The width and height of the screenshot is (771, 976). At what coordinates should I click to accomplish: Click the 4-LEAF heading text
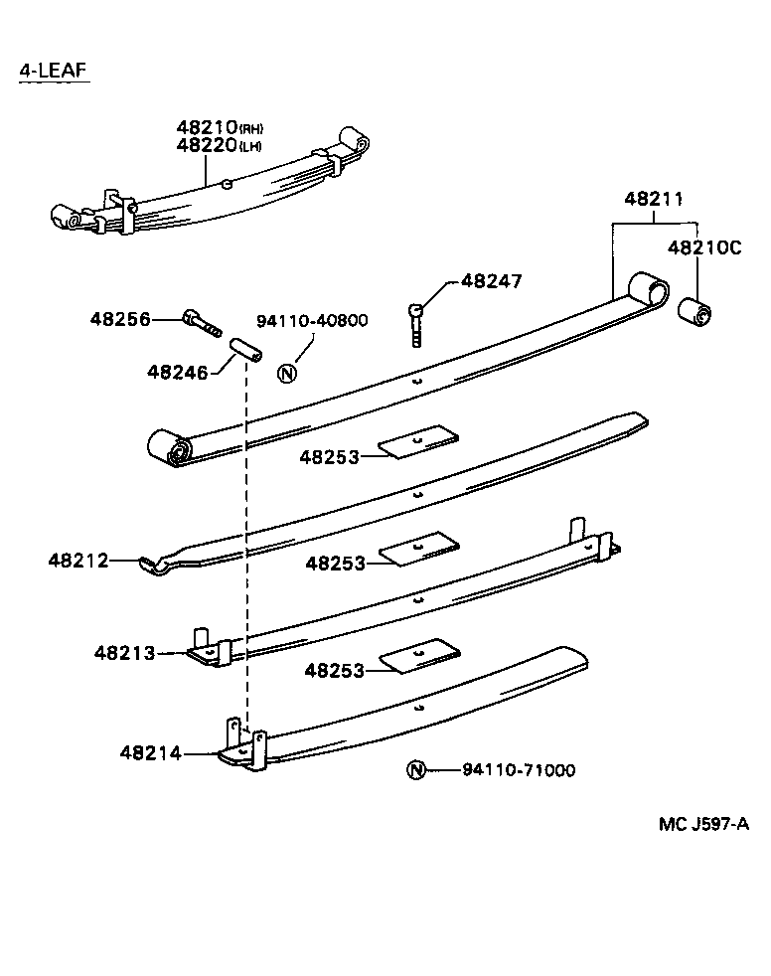tap(54, 71)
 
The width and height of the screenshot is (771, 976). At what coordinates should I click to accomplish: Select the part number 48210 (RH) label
tap(221, 127)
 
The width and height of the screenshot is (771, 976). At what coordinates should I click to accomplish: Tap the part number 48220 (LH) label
tap(221, 145)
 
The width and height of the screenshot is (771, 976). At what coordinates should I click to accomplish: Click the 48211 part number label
tap(654, 199)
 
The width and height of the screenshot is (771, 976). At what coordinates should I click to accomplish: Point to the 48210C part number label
tap(703, 248)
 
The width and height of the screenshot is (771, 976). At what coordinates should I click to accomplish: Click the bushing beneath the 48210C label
tap(694, 310)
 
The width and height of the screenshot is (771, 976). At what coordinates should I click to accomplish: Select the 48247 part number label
tap(491, 282)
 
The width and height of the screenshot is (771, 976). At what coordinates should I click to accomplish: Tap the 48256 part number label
tap(120, 319)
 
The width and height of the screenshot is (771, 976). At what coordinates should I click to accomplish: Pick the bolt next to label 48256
tap(202, 323)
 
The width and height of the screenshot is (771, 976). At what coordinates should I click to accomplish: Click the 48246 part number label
tap(178, 372)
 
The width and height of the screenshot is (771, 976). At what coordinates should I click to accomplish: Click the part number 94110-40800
tap(312, 320)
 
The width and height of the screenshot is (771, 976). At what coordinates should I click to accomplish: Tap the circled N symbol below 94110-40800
tap(287, 374)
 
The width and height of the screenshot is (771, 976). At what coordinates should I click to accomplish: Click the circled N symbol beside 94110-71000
tap(416, 770)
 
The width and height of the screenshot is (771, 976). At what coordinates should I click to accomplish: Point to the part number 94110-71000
tap(518, 770)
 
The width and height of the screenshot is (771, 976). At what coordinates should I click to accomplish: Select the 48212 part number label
tap(77, 561)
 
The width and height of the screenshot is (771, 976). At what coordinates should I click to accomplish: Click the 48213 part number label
tap(125, 653)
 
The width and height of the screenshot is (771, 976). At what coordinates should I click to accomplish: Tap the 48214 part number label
tap(151, 753)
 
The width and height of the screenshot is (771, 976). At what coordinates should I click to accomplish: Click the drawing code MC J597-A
tap(701, 824)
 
